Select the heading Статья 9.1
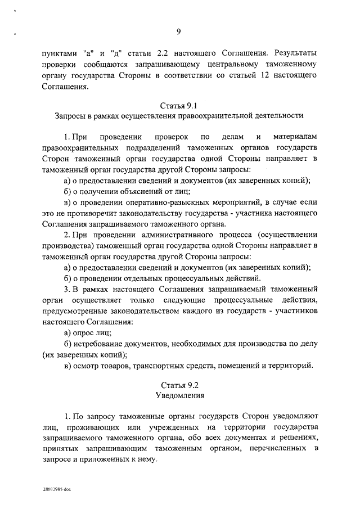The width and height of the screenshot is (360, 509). coord(179,105)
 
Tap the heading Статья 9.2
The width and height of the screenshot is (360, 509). coord(179,385)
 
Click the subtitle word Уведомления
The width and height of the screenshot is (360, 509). coord(179,395)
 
